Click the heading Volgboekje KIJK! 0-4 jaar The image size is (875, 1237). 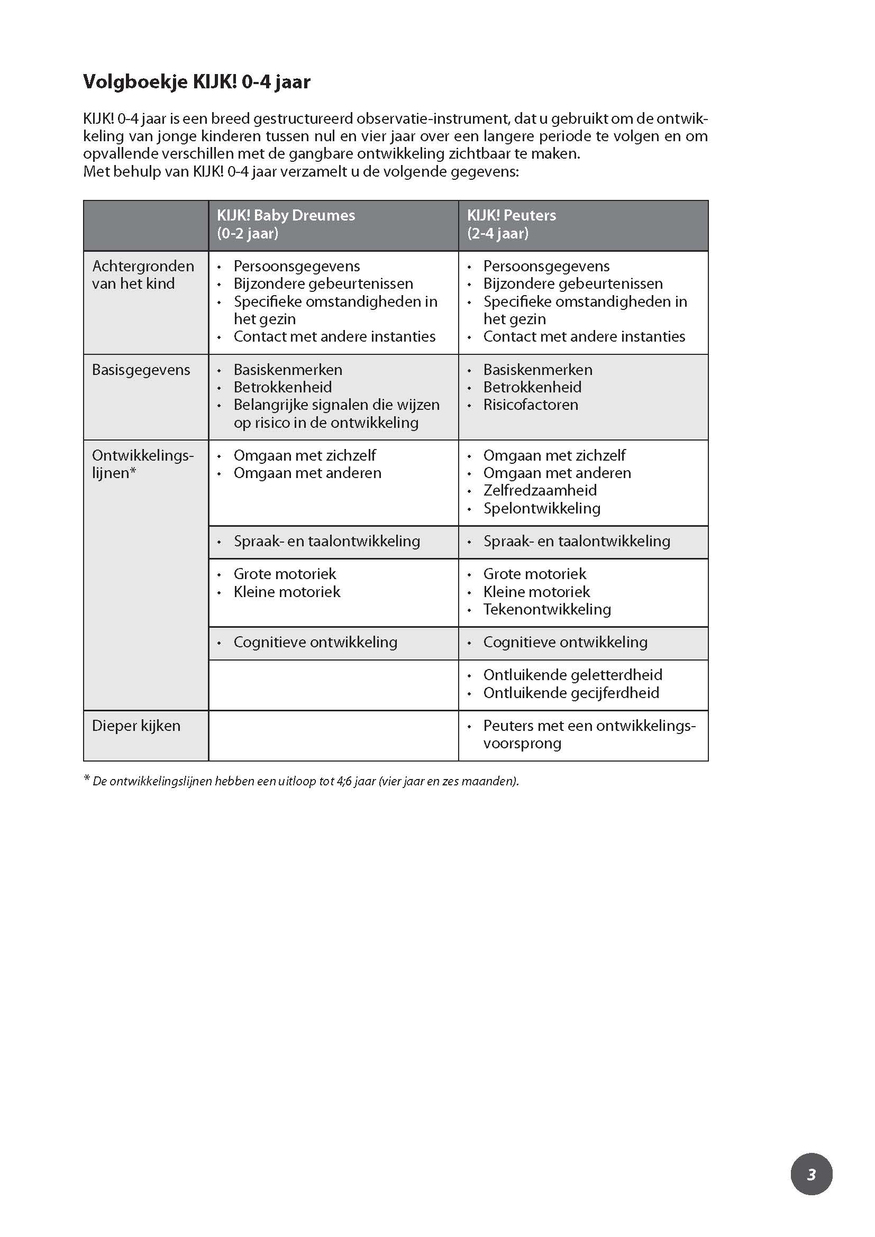pyautogui.click(x=197, y=82)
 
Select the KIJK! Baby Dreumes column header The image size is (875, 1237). pyautogui.click(x=286, y=224)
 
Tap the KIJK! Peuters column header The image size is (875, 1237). pyautogui.click(x=512, y=224)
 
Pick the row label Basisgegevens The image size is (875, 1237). pyautogui.click(x=141, y=370)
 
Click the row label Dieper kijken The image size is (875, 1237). pyautogui.click(x=136, y=726)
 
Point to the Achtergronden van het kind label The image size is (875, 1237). pyautogui.click(x=143, y=275)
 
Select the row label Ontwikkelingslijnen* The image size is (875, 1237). pyautogui.click(x=142, y=464)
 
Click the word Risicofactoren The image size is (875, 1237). pyautogui.click(x=530, y=405)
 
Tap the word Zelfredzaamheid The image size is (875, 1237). pyautogui.click(x=540, y=490)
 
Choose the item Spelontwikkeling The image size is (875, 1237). pyautogui.click(x=542, y=508)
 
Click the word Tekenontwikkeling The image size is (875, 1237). pyautogui.click(x=547, y=609)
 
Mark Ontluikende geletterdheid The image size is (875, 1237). pyautogui.click(x=573, y=675)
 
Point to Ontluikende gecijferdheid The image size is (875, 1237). pyautogui.click(x=571, y=693)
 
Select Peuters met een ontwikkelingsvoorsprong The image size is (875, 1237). pyautogui.click(x=589, y=735)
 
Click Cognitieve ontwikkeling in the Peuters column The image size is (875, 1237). pyautogui.click(x=565, y=642)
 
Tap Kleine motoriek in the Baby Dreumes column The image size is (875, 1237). pyautogui.click(x=287, y=592)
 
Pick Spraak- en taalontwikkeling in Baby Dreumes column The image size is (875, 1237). pyautogui.click(x=326, y=542)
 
